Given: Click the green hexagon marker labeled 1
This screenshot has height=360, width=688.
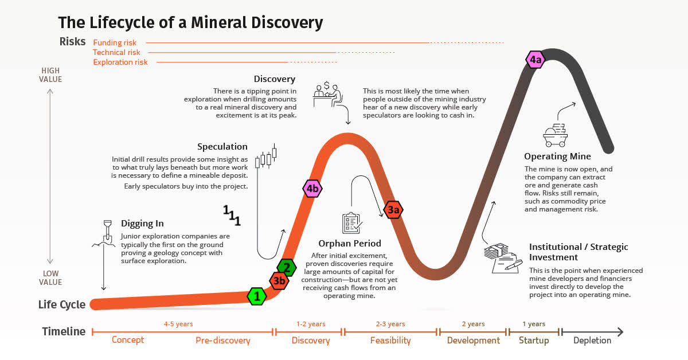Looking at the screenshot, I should pyautogui.click(x=256, y=296).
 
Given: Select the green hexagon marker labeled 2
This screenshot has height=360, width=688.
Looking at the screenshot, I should pyautogui.click(x=287, y=267).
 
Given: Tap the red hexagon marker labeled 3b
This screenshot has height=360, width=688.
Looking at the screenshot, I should pyautogui.click(x=279, y=281).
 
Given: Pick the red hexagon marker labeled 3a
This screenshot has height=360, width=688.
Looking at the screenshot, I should pyautogui.click(x=393, y=210).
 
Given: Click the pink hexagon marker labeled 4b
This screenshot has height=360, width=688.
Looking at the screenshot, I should pyautogui.click(x=312, y=188).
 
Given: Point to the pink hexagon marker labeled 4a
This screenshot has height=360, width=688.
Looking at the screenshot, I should pyautogui.click(x=535, y=60).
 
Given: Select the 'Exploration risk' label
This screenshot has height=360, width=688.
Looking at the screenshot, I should pyautogui.click(x=120, y=62).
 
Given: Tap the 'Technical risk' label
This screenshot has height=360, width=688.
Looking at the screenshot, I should pyautogui.click(x=116, y=52).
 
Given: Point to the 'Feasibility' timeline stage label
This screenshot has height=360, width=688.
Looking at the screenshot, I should pyautogui.click(x=390, y=341).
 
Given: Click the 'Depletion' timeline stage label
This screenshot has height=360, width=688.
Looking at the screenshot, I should pyautogui.click(x=592, y=341).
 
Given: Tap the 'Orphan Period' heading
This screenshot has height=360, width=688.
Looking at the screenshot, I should pyautogui.click(x=350, y=244).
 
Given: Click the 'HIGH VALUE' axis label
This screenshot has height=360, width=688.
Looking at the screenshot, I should pyautogui.click(x=51, y=75).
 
